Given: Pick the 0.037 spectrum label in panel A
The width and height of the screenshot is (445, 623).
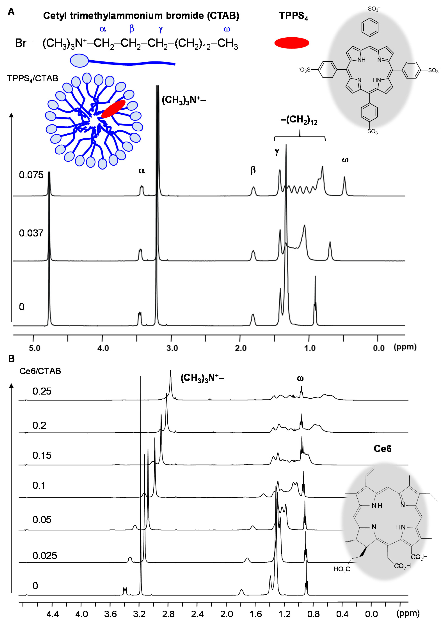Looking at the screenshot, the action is [31, 233].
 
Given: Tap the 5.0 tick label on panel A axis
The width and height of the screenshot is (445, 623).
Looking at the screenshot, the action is [35, 348].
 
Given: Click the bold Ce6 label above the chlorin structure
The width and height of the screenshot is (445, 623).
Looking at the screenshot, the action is [383, 449].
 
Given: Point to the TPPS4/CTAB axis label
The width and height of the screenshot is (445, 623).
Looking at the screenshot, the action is [33, 78].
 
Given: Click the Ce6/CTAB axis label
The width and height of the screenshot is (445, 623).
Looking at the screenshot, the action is [40, 371].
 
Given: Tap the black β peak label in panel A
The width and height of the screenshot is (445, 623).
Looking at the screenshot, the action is [253, 170].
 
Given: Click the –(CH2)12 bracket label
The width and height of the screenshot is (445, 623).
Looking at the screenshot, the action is [299, 120].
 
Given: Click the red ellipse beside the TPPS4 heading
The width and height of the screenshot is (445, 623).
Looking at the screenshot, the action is [292, 43].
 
